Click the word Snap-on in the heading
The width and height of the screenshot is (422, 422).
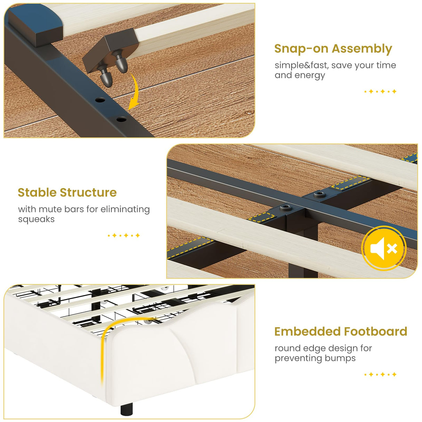pos(301,48)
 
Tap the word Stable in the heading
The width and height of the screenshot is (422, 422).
pos(37,193)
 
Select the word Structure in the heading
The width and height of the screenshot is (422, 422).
pos(88,193)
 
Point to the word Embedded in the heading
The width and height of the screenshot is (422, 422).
pos(308,331)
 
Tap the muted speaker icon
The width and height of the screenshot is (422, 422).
pos(384,249)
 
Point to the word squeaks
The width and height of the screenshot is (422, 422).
pos(36,219)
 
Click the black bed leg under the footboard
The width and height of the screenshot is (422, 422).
pos(127,409)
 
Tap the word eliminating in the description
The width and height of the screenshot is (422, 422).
pos(125,210)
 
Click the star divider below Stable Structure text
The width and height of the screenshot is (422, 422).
pos(124,235)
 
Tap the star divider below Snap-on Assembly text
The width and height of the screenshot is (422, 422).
pos(380,91)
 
